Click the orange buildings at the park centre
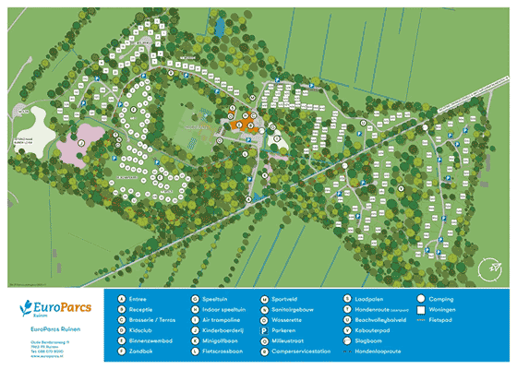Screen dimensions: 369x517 point(242,122)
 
